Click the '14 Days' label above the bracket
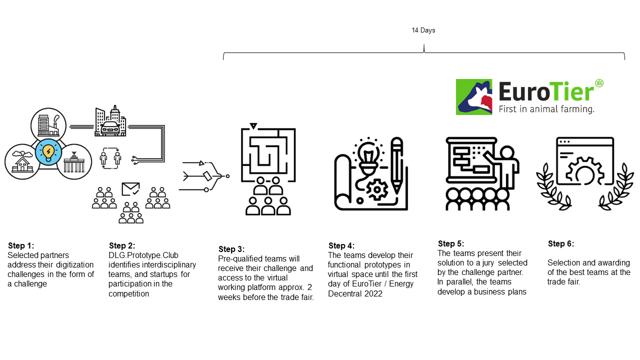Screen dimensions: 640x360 tap(423, 30)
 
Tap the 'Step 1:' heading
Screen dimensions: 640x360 tap(21, 245)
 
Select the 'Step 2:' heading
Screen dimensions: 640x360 tap(122, 245)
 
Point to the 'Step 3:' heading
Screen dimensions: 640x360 tap(231, 249)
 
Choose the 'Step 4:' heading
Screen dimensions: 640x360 tap(341, 245)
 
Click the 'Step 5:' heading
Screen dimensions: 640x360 tap(451, 243)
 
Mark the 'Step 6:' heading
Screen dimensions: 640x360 tap(561, 243)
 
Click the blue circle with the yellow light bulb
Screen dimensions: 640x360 tap(48, 152)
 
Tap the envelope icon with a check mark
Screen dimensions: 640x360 tap(130, 189)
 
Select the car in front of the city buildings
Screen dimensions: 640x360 tap(110, 128)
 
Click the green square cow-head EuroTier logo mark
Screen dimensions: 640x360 tap(474, 97)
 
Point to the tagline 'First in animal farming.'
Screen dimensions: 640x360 tap(546, 109)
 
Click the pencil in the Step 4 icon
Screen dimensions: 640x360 tap(397, 165)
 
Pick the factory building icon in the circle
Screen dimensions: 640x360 tap(48, 125)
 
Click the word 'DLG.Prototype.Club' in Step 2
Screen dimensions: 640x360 tap(143, 255)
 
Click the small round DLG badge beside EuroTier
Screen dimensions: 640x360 tap(599, 83)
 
